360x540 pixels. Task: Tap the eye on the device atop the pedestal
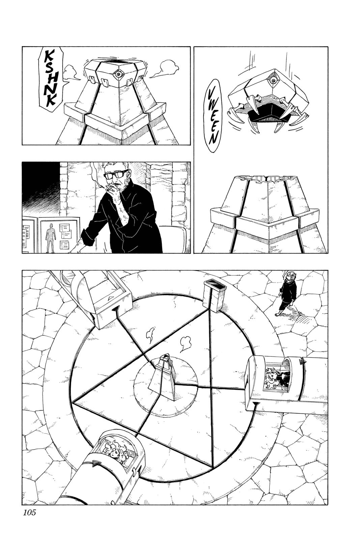[117, 74]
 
